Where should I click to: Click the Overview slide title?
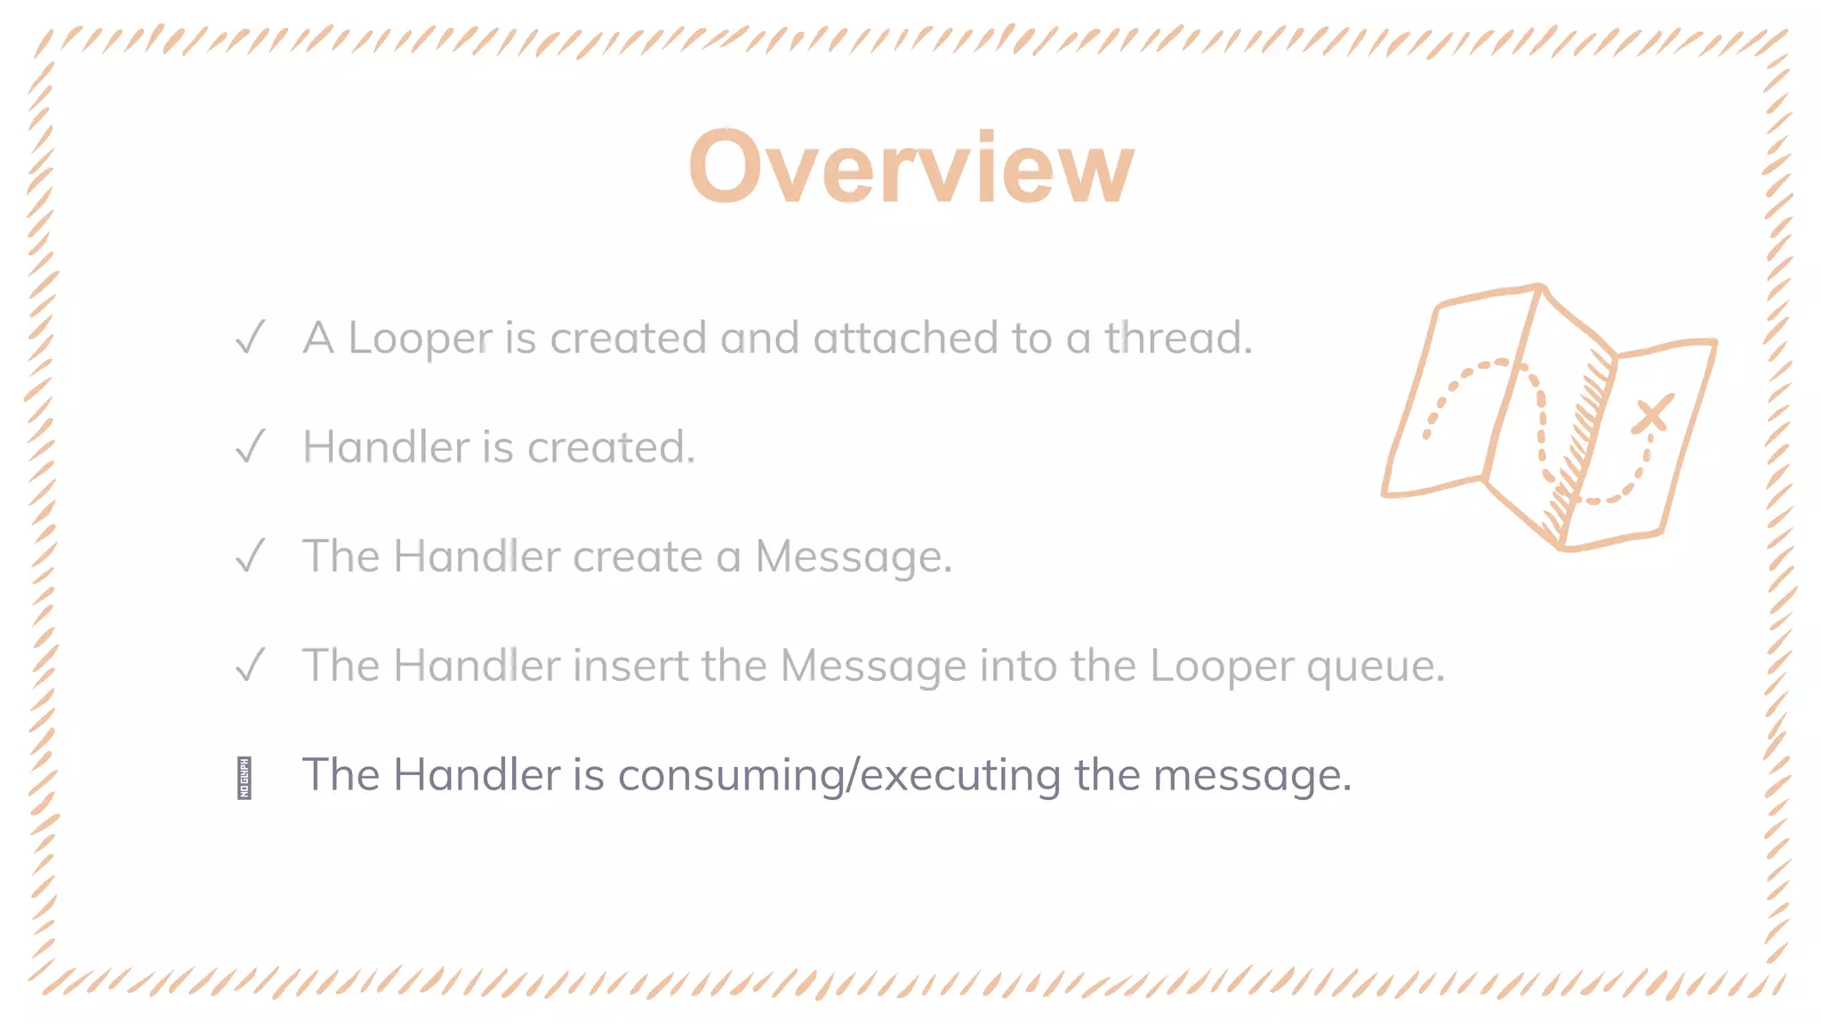[911, 167]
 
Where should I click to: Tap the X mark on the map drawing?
[1652, 414]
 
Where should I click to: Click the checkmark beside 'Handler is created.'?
[251, 446]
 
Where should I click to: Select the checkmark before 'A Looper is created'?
[251, 338]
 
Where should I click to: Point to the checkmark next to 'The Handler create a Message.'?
[251, 556]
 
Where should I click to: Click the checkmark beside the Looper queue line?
[251, 665]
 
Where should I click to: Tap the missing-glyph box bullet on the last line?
[245, 778]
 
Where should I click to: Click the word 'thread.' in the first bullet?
[1178, 338]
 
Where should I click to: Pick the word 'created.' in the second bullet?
[611, 447]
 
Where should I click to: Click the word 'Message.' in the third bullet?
[854, 557]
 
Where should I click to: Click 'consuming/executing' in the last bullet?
[839, 775]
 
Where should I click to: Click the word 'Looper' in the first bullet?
[420, 339]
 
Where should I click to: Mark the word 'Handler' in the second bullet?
[386, 447]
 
